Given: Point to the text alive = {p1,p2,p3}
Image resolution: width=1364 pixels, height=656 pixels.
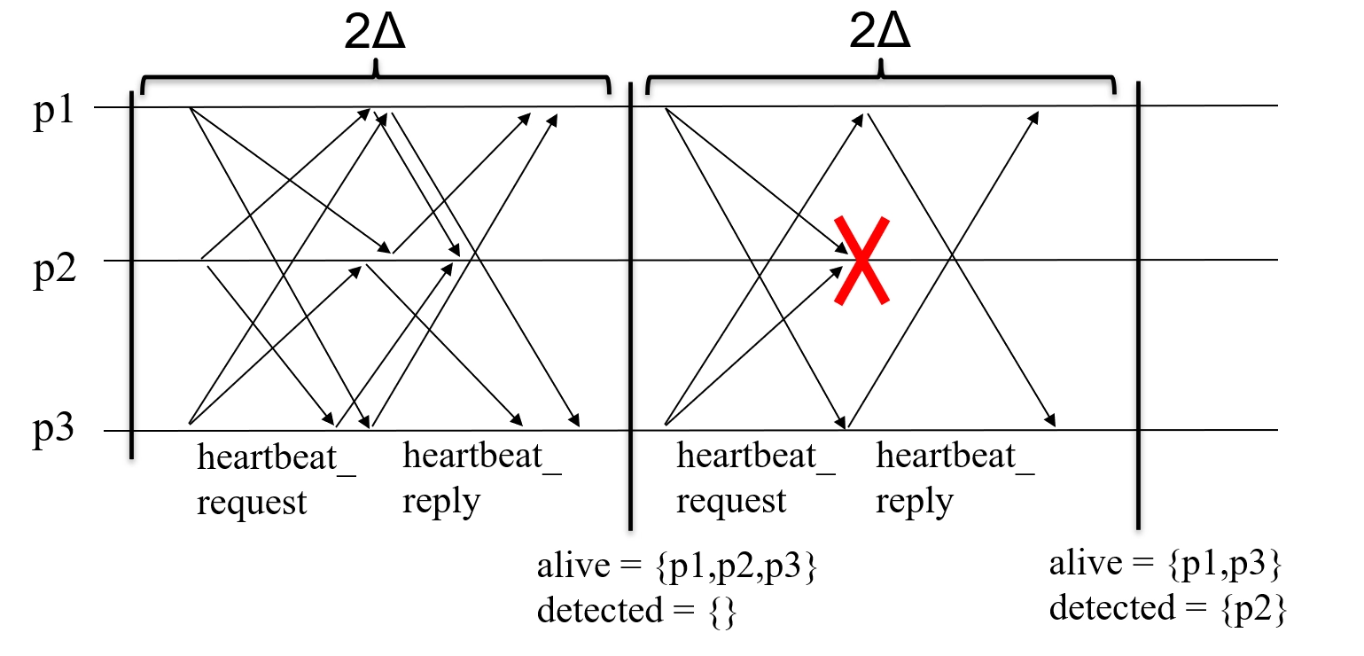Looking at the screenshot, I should pyautogui.click(x=675, y=568).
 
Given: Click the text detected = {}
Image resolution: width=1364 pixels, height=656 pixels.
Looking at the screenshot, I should pyautogui.click(x=636, y=612).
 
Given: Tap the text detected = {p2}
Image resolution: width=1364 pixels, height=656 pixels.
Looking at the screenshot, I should pyautogui.click(x=1167, y=608).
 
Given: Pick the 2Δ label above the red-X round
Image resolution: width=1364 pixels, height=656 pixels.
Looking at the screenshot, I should pyautogui.click(x=880, y=36).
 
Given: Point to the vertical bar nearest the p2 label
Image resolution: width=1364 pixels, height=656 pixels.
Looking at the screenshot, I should pyautogui.click(x=131, y=275).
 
